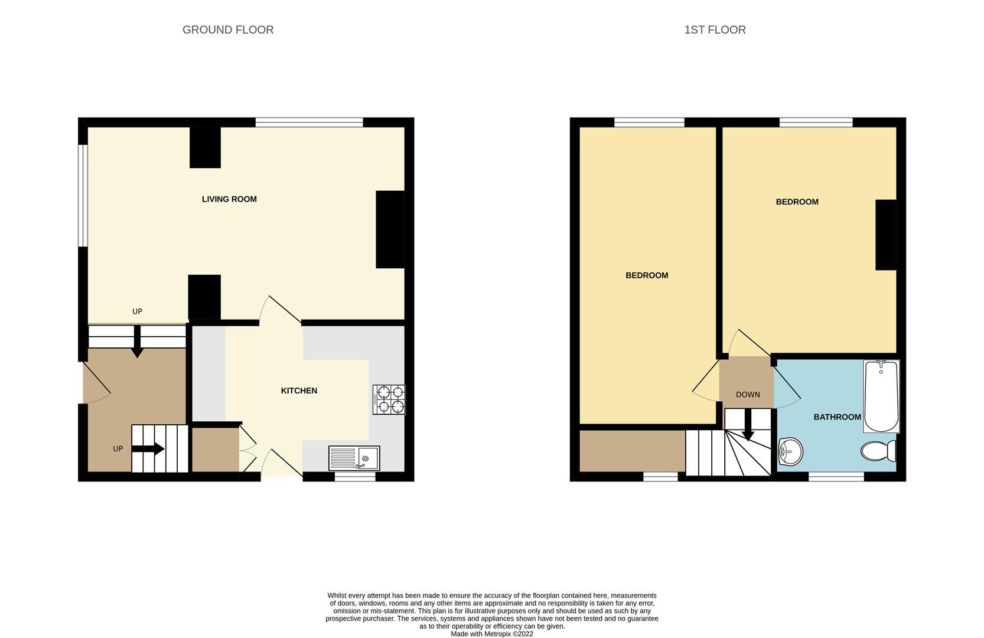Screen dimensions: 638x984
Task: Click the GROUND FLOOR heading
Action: coord(228,30)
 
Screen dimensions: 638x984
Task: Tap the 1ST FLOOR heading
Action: coord(715,30)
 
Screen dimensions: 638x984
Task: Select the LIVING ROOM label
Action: coord(229,199)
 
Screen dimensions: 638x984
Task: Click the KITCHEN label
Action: coord(299,390)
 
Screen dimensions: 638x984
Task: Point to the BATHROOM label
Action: coord(837,417)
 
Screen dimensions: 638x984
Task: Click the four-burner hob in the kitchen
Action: coord(389,399)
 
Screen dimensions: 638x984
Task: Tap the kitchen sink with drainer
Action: coord(354,458)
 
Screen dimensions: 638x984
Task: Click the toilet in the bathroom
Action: coord(878,451)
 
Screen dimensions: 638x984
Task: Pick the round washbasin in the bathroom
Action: coord(790,451)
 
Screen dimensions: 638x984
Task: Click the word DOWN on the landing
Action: coord(748,395)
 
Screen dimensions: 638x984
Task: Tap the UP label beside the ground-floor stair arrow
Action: coord(118,449)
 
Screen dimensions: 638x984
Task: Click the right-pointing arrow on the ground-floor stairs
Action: coord(148,449)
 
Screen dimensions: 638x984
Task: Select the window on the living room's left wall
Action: coord(83,195)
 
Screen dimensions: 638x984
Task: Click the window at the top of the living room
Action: coord(309,122)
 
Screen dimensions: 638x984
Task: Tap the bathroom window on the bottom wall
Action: coord(836,477)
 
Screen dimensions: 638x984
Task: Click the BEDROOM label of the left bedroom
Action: coord(647,275)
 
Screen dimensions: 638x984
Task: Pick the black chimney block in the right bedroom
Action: coord(886,235)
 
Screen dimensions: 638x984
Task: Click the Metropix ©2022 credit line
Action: coord(492,634)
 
